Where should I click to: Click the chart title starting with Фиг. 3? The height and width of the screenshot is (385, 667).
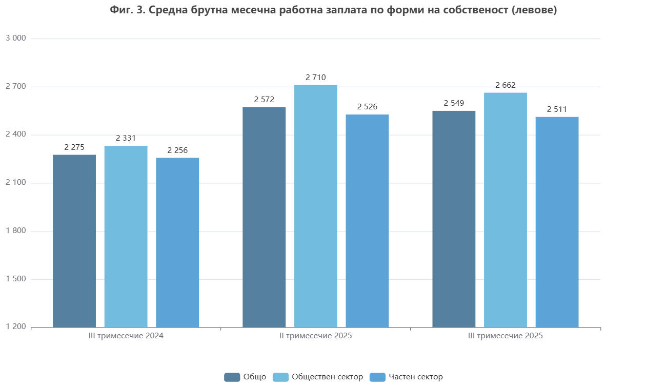pos(333,10)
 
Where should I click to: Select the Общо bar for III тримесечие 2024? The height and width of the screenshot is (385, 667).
pos(74,241)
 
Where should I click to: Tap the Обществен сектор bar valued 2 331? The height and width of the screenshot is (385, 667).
pos(126,237)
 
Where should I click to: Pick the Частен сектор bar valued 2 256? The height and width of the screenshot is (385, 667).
pos(177,243)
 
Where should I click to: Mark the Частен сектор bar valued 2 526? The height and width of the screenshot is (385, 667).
pos(367,221)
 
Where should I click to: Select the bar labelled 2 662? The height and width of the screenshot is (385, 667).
pos(506,210)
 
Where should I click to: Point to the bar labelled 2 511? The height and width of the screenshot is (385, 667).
pos(557,222)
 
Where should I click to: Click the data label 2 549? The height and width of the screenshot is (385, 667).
pos(454,103)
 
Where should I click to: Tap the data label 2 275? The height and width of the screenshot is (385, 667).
pos(74,147)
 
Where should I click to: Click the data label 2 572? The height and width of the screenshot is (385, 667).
pos(264,100)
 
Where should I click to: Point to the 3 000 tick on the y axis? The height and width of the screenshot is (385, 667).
pos(16,38)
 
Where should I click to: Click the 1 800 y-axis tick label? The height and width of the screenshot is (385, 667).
pos(16,231)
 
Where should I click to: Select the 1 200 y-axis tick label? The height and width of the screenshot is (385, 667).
pos(16,328)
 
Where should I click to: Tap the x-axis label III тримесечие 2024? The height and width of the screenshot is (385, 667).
pos(126,336)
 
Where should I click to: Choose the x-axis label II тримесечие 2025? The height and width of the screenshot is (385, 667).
pos(316,336)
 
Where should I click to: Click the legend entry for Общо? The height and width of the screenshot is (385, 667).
pos(246,377)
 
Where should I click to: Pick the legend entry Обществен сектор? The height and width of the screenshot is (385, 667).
pos(318,377)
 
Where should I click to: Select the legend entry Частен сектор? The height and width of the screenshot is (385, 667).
pos(407,377)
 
